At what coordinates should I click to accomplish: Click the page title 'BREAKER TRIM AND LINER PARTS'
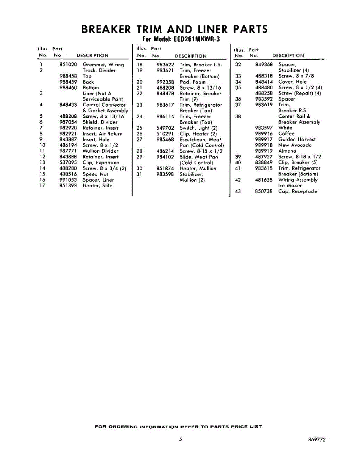pyautogui.click(x=175, y=29)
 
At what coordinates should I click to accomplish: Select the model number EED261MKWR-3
pyautogui.click(x=197, y=39)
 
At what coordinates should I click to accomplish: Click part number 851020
pyautogui.click(x=68, y=65)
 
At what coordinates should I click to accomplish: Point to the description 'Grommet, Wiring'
pyautogui.click(x=103, y=65)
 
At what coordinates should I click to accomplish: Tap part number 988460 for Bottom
pyautogui.click(x=68, y=88)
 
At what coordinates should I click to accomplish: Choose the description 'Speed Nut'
pyautogui.click(x=95, y=174)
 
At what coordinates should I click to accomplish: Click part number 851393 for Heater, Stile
pyautogui.click(x=68, y=186)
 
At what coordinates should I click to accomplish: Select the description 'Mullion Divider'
pyautogui.click(x=100, y=151)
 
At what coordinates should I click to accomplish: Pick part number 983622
pyautogui.click(x=165, y=65)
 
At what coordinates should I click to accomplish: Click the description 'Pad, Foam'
pyautogui.click(x=193, y=82)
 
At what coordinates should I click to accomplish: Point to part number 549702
pyautogui.click(x=165, y=128)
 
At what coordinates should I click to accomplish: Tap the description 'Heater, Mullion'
pyautogui.click(x=198, y=169)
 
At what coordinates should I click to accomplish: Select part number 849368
pyautogui.click(x=264, y=65)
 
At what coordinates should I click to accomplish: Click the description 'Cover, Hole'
pyautogui.click(x=292, y=82)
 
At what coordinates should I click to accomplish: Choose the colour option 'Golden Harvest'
pyautogui.click(x=297, y=140)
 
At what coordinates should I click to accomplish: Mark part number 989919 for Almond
pyautogui.click(x=264, y=151)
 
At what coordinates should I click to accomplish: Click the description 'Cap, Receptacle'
pyautogui.click(x=298, y=191)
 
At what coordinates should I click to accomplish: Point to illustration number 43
pyautogui.click(x=238, y=191)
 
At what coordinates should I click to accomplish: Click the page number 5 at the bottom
pyautogui.click(x=181, y=440)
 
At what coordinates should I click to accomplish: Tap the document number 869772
pyautogui.click(x=317, y=440)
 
